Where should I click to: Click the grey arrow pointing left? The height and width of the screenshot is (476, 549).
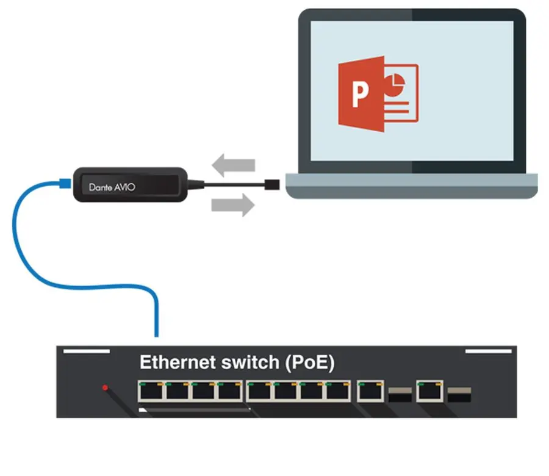click(233, 165)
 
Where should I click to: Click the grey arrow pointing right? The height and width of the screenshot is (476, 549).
click(233, 205)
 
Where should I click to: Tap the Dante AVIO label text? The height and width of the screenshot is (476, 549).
click(112, 187)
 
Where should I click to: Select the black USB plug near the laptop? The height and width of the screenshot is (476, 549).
click(272, 184)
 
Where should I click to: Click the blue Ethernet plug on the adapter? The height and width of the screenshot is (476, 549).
click(65, 184)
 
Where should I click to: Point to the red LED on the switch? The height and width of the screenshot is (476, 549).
click(105, 388)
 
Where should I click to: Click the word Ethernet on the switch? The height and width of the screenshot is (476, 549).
click(178, 362)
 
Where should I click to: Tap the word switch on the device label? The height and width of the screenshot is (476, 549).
click(250, 362)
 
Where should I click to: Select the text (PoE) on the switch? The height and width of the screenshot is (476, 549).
click(310, 362)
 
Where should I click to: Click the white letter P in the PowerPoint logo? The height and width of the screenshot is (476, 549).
click(360, 93)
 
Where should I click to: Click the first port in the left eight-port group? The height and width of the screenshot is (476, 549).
click(151, 391)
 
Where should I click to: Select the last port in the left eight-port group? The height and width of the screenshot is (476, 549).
click(337, 391)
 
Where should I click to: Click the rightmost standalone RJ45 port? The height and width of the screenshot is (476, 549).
click(430, 391)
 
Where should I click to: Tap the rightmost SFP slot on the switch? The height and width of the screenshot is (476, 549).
click(459, 394)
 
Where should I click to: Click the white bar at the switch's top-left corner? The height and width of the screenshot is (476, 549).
click(87, 351)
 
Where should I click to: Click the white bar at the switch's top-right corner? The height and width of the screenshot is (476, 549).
click(489, 351)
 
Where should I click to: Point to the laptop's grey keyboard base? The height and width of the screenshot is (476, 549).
click(412, 186)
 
